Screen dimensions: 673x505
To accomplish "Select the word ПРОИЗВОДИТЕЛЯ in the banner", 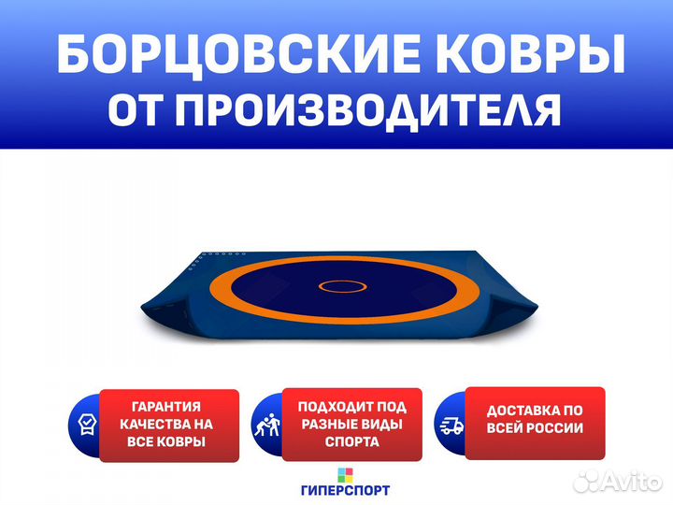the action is (x=368, y=109).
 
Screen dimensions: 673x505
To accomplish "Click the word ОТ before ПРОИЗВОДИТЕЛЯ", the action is (x=136, y=109).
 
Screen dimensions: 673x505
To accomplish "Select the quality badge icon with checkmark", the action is (x=87, y=425).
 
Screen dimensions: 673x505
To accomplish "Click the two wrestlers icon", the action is (x=267, y=425).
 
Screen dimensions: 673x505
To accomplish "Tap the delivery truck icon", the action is (x=452, y=426).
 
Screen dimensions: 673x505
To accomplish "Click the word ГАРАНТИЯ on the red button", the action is (x=166, y=406).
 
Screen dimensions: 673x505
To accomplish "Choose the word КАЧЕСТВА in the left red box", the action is (x=150, y=425).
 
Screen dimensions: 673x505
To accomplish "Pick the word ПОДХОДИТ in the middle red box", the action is (x=332, y=407).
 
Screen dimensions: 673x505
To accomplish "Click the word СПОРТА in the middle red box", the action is (x=352, y=441).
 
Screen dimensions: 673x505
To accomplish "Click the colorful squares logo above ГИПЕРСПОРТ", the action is (x=345, y=475).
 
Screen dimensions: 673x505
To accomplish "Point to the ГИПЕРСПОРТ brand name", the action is (x=345, y=490).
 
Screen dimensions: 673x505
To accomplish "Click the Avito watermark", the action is (x=618, y=481).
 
